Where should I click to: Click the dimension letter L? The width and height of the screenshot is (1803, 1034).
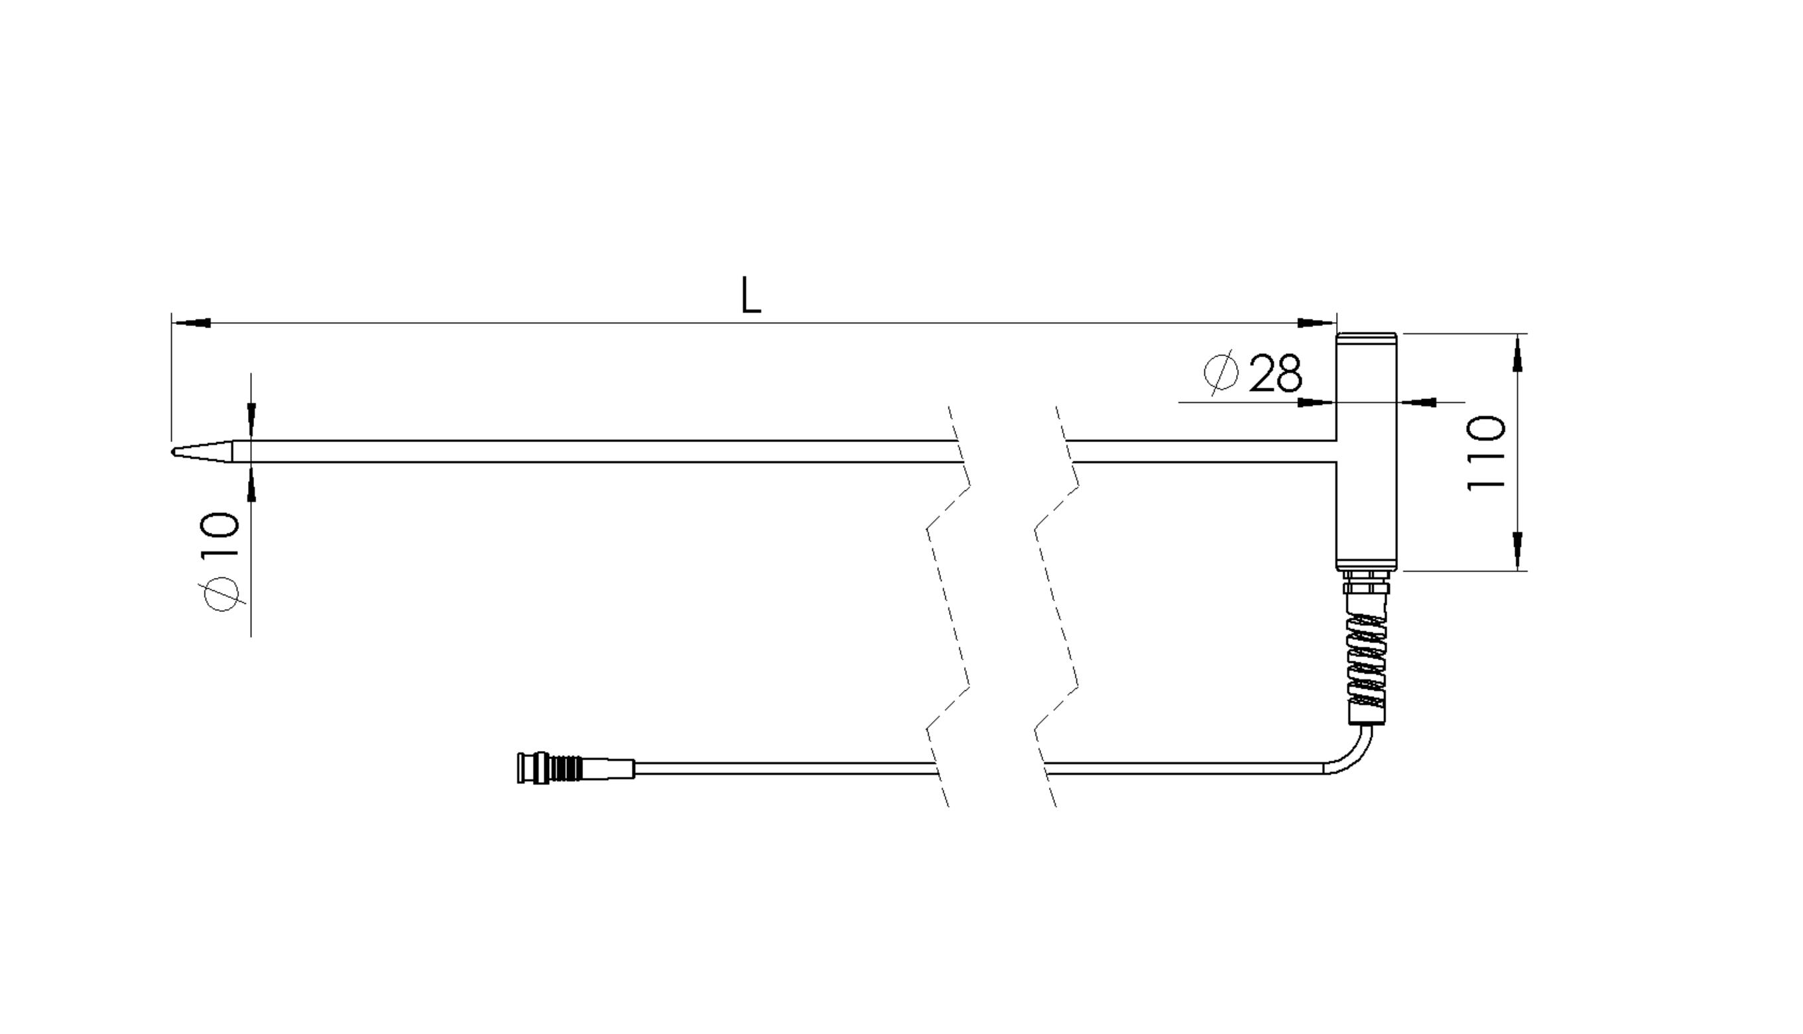tap(750, 295)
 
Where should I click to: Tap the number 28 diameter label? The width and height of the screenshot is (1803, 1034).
tap(1276, 373)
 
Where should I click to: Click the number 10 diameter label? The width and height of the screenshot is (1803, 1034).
tap(220, 536)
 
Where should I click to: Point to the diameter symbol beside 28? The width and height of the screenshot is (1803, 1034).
tap(1221, 371)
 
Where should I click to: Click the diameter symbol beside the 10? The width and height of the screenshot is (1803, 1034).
tap(221, 595)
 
